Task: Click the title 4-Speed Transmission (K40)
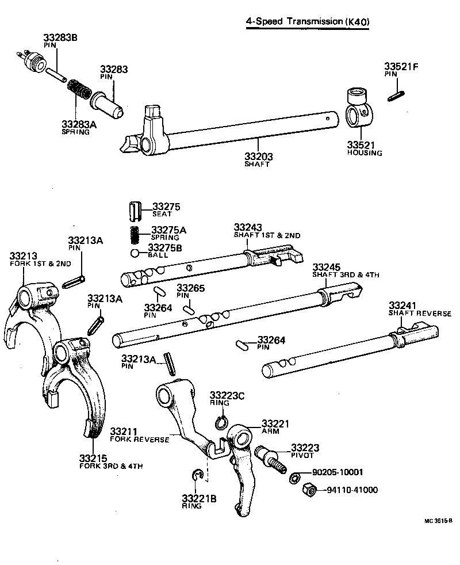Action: coord(307,22)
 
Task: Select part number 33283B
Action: coord(60,38)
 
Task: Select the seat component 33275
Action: coord(136,211)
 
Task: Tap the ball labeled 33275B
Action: coord(135,254)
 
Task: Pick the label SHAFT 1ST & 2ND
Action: coord(267,235)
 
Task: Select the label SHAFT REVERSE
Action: coord(420,314)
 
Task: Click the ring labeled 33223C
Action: coord(221,424)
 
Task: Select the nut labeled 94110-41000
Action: coord(309,490)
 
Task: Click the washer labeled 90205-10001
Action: coord(294,477)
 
